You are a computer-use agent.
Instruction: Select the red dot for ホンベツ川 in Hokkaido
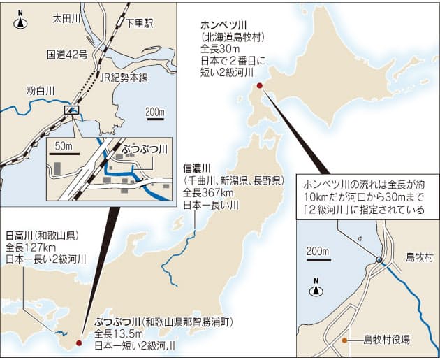(259, 85)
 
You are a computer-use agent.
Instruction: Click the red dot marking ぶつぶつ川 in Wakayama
(78, 343)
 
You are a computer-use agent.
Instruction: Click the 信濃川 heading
(196, 168)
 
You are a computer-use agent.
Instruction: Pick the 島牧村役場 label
(386, 340)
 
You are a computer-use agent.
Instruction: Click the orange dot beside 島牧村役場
(344, 340)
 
